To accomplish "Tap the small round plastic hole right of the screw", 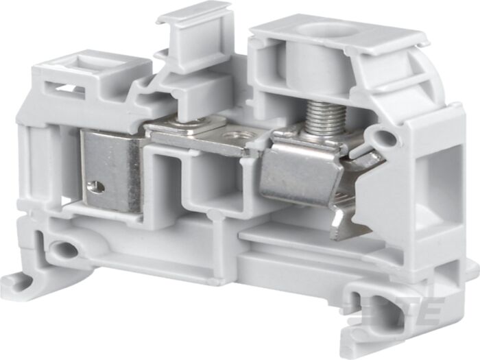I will click(386, 140).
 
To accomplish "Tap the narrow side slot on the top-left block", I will click(65, 88).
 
